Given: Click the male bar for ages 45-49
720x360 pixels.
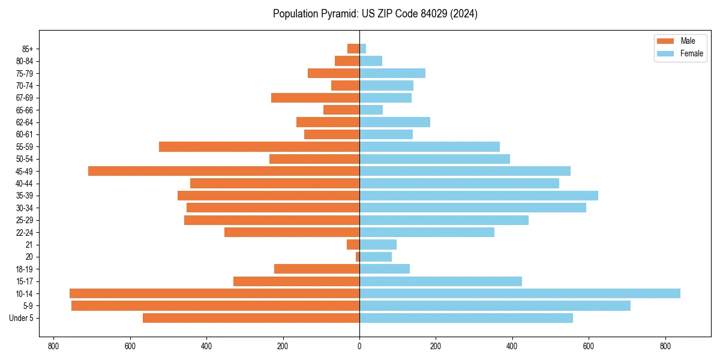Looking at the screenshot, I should (x=224, y=171).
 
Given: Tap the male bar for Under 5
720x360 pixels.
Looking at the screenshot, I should (x=251, y=318).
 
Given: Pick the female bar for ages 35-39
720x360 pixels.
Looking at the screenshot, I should (x=479, y=196).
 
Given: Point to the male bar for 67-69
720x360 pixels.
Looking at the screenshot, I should (x=315, y=98).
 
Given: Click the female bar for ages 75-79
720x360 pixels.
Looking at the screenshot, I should (x=392, y=73).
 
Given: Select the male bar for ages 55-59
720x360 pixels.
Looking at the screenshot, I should (x=259, y=146).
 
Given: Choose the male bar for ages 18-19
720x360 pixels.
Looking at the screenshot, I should (x=317, y=269).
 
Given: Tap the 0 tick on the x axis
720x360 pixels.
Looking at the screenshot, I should (x=359, y=346).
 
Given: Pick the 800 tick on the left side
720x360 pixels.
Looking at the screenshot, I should (x=53, y=346).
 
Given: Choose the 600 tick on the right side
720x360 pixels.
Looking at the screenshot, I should (x=589, y=346).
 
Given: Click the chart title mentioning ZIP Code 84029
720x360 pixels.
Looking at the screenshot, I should (x=375, y=14).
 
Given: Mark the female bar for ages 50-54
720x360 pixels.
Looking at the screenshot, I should (x=434, y=159).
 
